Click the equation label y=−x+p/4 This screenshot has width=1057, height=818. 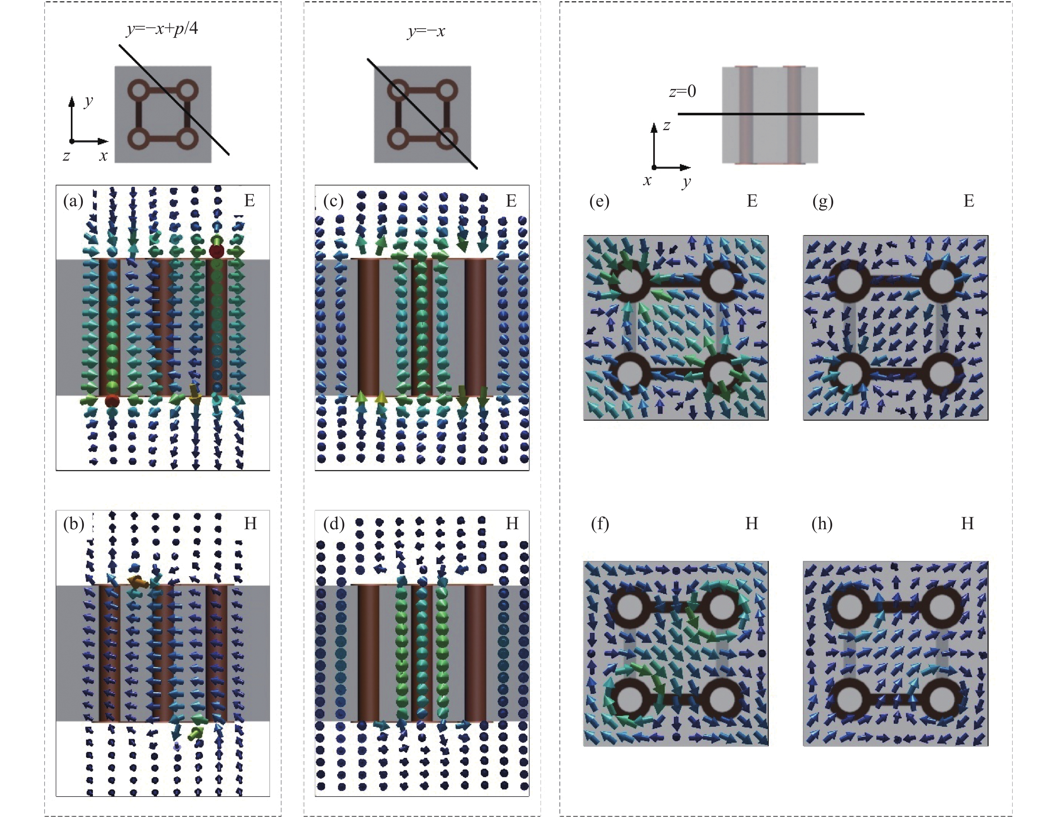pos(162,29)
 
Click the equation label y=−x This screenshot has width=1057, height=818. pos(426,32)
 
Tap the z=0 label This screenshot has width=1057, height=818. pos(683,91)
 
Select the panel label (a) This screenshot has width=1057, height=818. pos(73,200)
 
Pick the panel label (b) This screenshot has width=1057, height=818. pos(73,524)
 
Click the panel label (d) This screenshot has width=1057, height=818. pos(334,524)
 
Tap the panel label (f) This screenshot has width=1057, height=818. pos(600,524)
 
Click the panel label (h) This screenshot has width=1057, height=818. pos(822,524)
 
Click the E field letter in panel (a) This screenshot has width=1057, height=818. pos(249,200)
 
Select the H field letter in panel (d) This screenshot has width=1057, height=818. pos(512,524)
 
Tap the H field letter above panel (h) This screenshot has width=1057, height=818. pos(967,524)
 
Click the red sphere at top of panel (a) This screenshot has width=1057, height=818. pos(216,251)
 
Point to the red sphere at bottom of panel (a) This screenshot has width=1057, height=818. pos(112,400)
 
